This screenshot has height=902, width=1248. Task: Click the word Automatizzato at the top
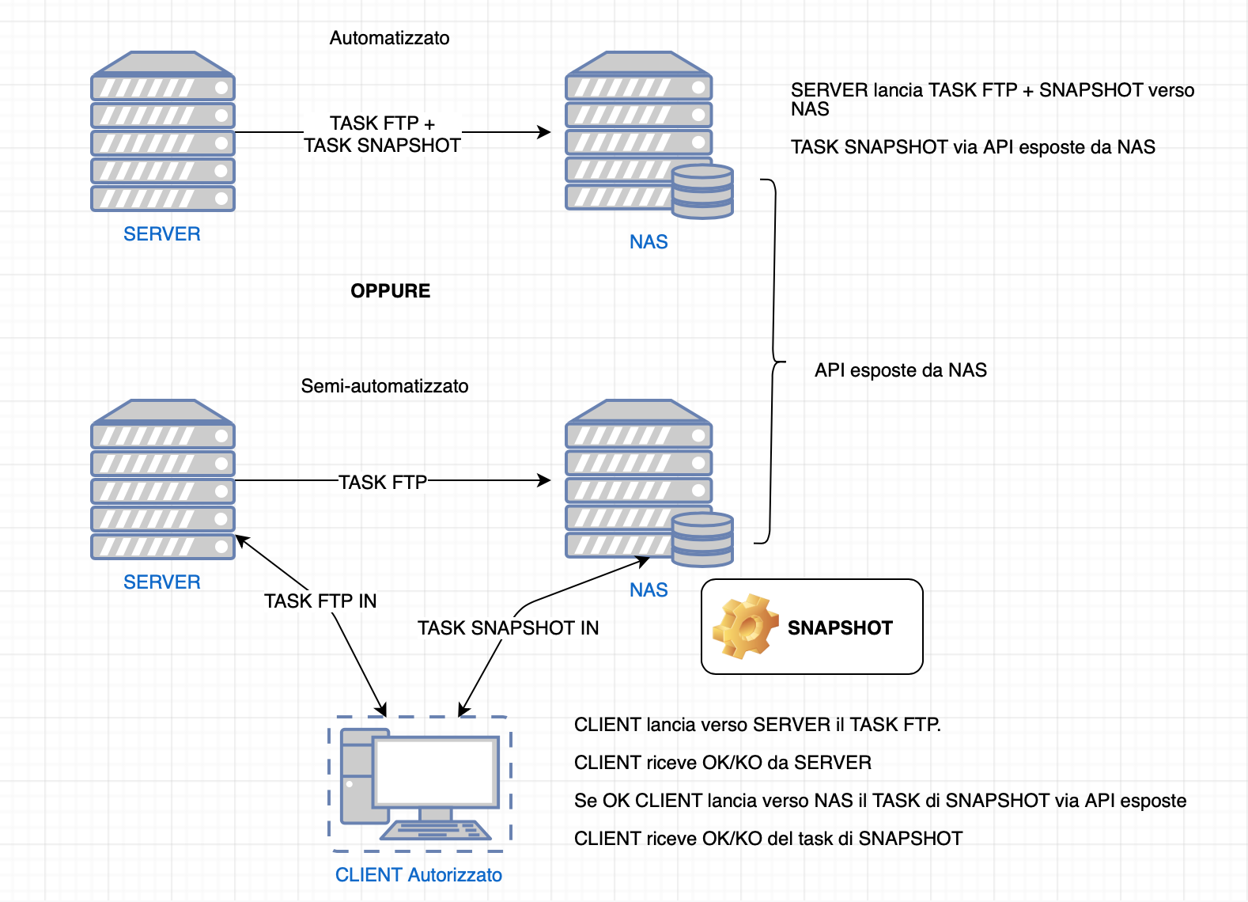tap(389, 38)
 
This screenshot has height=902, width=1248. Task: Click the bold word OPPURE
tap(391, 291)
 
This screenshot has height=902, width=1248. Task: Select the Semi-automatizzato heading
tap(384, 386)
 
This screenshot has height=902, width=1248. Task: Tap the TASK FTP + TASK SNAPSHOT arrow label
tap(383, 135)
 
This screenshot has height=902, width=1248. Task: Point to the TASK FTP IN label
tap(320, 601)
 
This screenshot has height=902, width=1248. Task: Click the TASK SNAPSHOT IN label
tap(508, 628)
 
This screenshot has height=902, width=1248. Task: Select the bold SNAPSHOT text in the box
tap(840, 628)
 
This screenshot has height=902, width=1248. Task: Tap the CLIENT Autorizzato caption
tap(418, 875)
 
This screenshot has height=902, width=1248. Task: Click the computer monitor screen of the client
tap(435, 772)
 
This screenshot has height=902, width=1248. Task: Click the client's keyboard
tap(436, 830)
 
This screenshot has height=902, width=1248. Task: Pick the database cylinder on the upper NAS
tap(702, 191)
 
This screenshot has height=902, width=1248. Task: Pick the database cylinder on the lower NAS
tap(702, 540)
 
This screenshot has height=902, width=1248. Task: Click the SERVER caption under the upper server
tap(162, 234)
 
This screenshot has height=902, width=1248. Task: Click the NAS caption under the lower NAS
tap(649, 590)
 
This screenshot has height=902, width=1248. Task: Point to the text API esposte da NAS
tap(901, 370)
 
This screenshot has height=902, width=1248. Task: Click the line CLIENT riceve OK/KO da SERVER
tap(723, 763)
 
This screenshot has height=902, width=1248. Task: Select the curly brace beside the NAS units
tap(773, 362)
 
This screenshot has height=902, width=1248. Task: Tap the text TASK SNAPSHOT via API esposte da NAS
tap(973, 147)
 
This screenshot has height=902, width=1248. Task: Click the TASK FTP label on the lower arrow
tap(383, 483)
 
